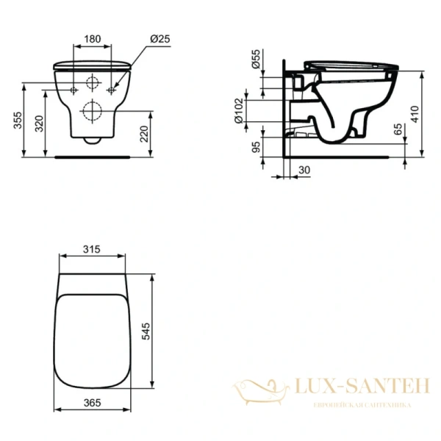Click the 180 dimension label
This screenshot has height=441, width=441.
point(92,37)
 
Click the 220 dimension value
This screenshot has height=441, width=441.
point(146,134)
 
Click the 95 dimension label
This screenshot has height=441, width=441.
point(257,147)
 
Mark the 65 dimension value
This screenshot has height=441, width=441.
point(398,131)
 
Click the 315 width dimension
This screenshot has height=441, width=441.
point(91,250)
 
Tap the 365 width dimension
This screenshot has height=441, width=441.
point(91,404)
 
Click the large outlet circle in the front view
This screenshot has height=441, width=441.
point(93,112)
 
